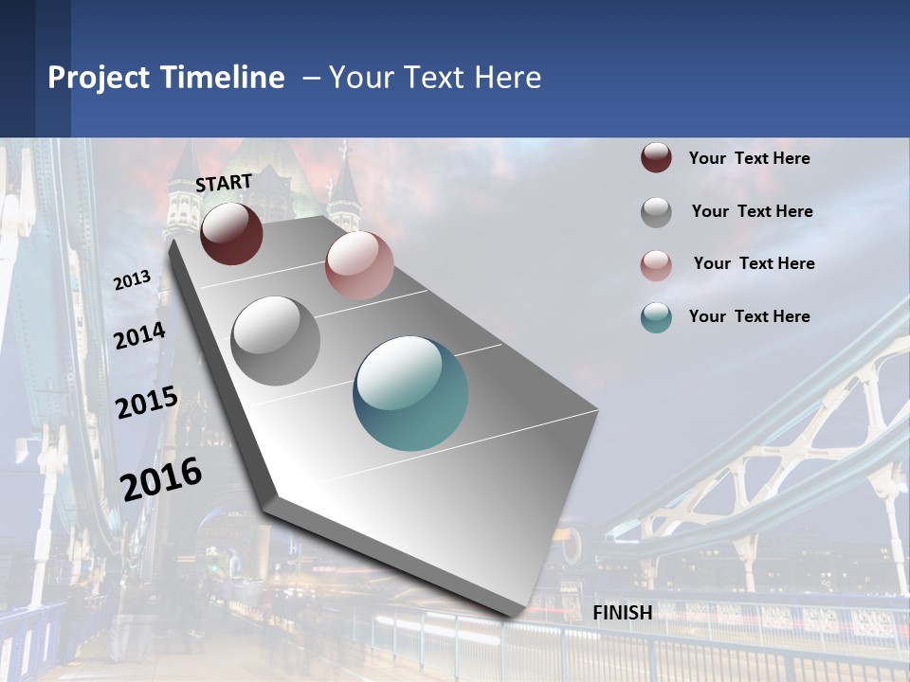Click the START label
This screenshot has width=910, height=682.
[x=224, y=182]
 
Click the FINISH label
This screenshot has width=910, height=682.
[x=622, y=613]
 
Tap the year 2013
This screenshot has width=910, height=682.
[x=133, y=280]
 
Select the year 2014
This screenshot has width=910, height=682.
[x=140, y=336]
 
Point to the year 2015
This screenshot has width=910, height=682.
[x=147, y=403]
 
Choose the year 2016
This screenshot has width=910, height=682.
[x=161, y=478]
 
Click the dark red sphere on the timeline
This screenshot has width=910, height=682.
[x=231, y=233]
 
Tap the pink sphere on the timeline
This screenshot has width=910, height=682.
[x=359, y=265]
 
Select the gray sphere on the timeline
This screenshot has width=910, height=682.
[x=276, y=341]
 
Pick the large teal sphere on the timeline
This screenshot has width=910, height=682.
[x=410, y=393]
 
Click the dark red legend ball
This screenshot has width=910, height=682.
[x=656, y=157]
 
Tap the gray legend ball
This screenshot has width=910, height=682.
[x=656, y=211]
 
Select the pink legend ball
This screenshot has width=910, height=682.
[x=656, y=264]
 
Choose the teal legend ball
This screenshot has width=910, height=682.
[x=656, y=317]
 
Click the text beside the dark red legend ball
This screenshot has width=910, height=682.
[x=749, y=158]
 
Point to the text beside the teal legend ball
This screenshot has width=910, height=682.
[x=749, y=316]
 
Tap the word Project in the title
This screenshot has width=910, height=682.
[x=98, y=78]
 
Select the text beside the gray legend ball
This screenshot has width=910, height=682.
[x=752, y=211]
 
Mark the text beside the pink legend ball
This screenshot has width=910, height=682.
[x=754, y=263]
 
